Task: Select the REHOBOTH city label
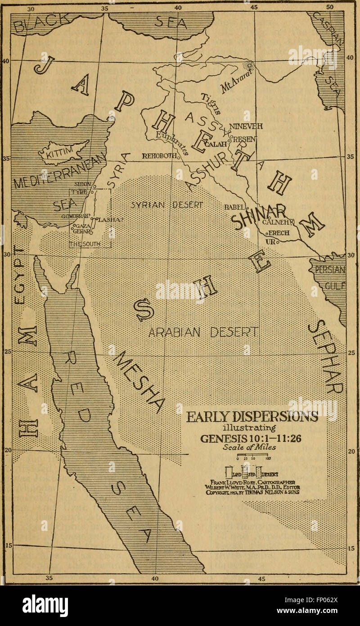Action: click(x=159, y=157)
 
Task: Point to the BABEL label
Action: click(x=234, y=208)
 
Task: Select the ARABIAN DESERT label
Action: click(x=203, y=332)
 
